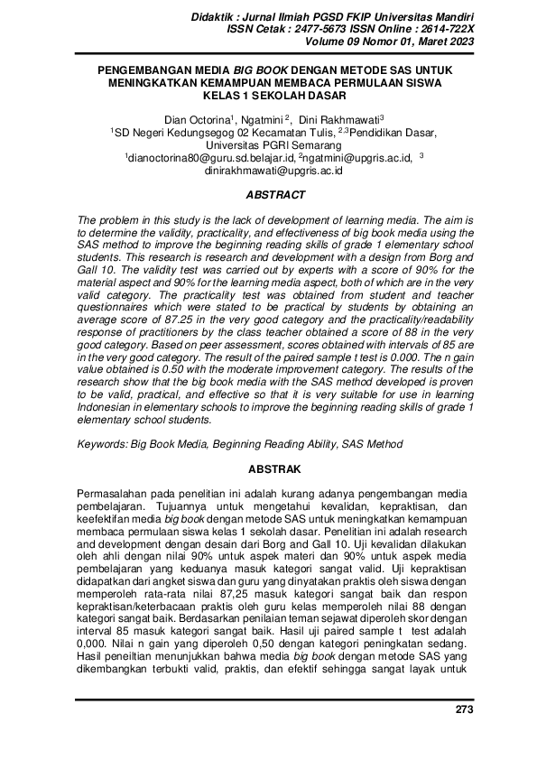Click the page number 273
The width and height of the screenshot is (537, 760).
coord(464,710)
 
